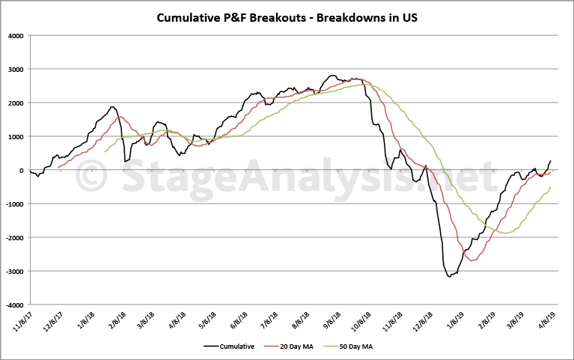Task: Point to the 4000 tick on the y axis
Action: [14, 35]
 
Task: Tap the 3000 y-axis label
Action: [14, 69]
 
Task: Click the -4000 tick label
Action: [13, 305]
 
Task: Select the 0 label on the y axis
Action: [21, 170]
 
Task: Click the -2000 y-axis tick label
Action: [13, 238]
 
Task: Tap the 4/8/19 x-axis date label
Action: [544, 321]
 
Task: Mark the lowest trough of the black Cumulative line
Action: [449, 277]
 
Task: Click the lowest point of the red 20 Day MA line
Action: [472, 260]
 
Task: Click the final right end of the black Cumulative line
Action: [551, 160]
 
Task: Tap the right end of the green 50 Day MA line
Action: [551, 187]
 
